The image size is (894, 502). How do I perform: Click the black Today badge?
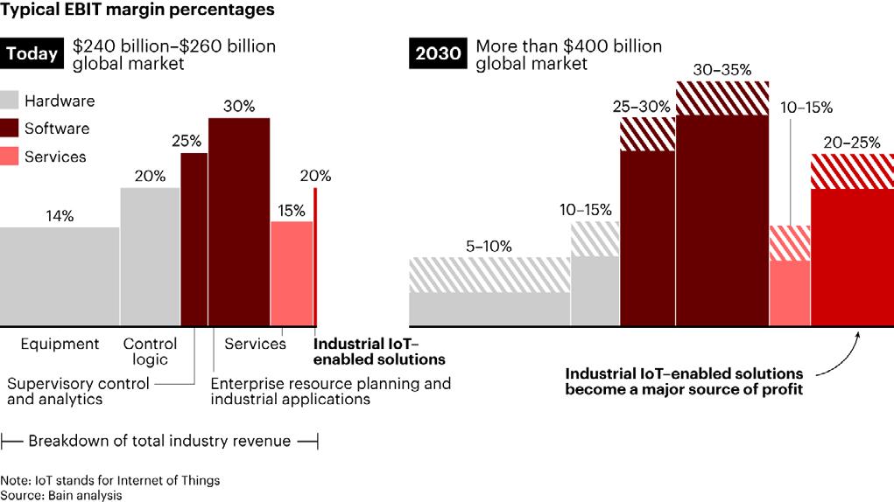(x=32, y=54)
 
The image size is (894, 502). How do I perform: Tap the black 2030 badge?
(x=437, y=54)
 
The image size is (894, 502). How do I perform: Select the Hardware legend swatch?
(x=10, y=101)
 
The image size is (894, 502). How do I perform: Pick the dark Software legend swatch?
(x=10, y=129)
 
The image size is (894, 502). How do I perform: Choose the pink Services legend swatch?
(x=10, y=157)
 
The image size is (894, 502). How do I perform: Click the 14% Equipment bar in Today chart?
(x=60, y=275)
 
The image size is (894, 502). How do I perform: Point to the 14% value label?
(x=60, y=215)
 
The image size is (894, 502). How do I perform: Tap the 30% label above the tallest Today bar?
(x=238, y=107)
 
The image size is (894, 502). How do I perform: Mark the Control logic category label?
(x=150, y=352)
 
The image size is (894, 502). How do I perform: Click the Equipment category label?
(x=60, y=344)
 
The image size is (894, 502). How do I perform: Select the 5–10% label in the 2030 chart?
(x=489, y=246)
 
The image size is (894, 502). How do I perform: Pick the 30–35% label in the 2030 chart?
(x=722, y=68)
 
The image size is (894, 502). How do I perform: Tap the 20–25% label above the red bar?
(x=852, y=142)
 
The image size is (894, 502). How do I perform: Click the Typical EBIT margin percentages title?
(x=137, y=11)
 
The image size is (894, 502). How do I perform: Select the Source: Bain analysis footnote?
(x=61, y=495)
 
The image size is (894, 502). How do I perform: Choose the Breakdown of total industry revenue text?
(x=158, y=441)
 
